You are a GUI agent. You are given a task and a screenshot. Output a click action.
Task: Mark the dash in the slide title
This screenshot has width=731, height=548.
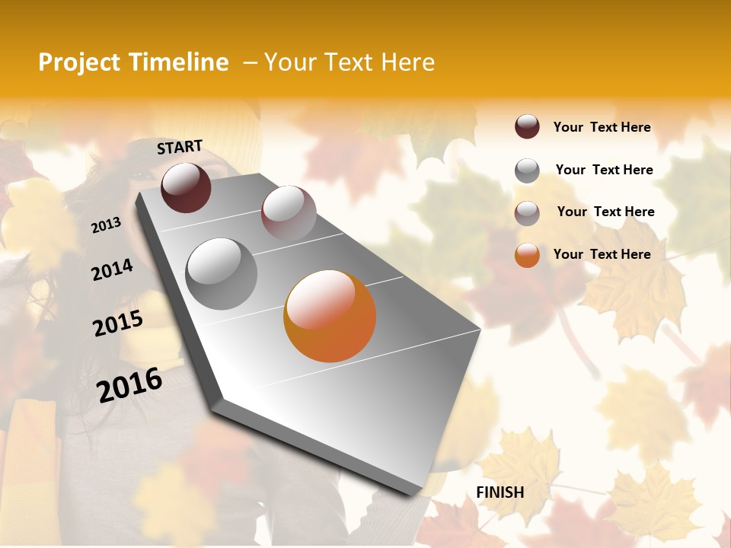tap(250, 62)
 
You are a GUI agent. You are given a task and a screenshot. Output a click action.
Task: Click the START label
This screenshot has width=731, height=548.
tap(180, 147)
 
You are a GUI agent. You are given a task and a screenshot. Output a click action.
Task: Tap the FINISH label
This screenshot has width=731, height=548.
tap(500, 492)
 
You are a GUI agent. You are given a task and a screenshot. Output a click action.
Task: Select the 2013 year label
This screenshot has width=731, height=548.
tap(107, 225)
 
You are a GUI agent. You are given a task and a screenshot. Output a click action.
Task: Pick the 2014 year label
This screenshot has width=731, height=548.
tap(113, 269)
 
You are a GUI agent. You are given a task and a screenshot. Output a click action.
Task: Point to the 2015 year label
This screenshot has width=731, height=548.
tap(118, 323)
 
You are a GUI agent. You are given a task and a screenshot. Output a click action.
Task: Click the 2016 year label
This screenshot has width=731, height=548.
tap(129, 385)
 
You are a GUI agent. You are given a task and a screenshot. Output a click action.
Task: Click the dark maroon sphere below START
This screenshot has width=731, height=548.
tap(186, 187)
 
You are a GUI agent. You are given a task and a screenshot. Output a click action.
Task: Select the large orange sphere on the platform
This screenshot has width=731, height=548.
tap(330, 316)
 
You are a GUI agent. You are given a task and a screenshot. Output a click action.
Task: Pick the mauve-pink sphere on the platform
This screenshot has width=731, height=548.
tap(289, 212)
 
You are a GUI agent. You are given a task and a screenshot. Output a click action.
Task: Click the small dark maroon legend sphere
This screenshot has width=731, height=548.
tap(527, 127)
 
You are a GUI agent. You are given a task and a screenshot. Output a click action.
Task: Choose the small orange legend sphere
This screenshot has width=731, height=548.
tap(527, 255)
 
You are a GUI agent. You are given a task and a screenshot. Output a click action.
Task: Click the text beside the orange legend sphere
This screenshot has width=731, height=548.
tap(602, 254)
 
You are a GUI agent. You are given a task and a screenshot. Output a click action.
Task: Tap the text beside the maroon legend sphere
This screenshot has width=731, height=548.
tap(602, 127)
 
